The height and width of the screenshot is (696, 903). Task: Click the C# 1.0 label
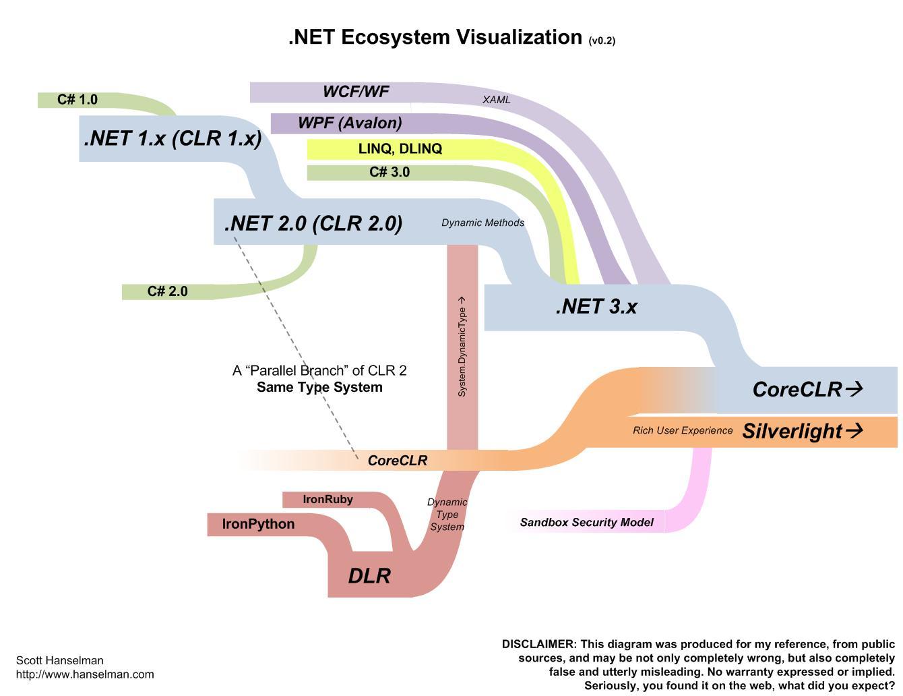pyautogui.click(x=77, y=100)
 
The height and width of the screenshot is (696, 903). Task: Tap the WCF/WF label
pyautogui.click(x=356, y=92)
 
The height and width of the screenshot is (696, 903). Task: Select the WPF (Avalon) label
pyautogui.click(x=350, y=123)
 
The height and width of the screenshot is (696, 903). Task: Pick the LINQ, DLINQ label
pyautogui.click(x=400, y=148)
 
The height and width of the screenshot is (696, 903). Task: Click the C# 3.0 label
pyautogui.click(x=390, y=172)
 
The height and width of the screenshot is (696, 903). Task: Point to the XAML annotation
pyautogui.click(x=497, y=100)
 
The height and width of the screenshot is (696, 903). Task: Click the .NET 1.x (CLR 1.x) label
pyautogui.click(x=173, y=138)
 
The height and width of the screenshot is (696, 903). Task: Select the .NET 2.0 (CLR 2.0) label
pyautogui.click(x=313, y=223)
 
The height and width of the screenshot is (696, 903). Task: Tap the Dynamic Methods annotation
pyautogui.click(x=482, y=223)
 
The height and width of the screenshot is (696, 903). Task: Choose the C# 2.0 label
pyautogui.click(x=167, y=291)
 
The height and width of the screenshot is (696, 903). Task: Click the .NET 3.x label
pyautogui.click(x=596, y=307)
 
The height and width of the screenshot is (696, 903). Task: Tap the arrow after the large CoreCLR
pyautogui.click(x=854, y=388)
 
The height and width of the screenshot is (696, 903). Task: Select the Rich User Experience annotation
pyautogui.click(x=683, y=430)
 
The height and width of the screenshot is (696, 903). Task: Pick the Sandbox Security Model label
pyautogui.click(x=586, y=522)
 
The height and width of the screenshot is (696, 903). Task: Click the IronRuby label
pyautogui.click(x=328, y=500)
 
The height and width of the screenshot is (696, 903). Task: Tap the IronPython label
pyautogui.click(x=258, y=524)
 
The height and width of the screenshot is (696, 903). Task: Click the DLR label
pyautogui.click(x=369, y=576)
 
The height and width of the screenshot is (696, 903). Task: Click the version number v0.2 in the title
pyautogui.click(x=602, y=40)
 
